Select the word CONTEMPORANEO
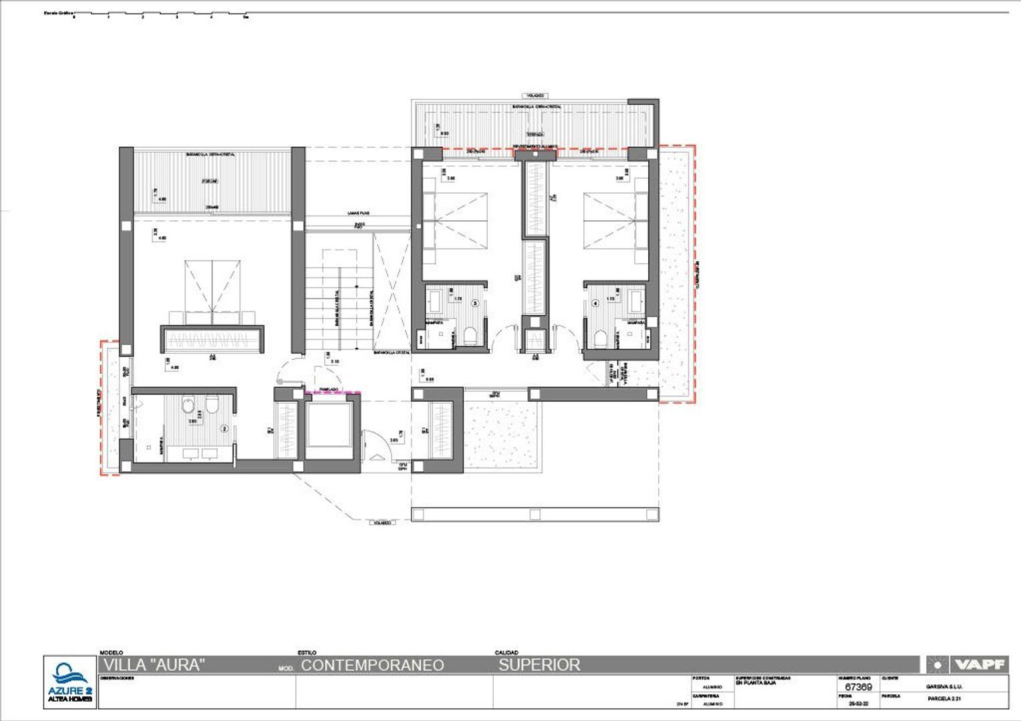click(372, 665)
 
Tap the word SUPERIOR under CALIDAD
click(539, 665)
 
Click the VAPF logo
click(967, 664)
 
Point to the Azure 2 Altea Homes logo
click(69, 682)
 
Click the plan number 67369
click(858, 686)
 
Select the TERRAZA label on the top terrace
click(535, 134)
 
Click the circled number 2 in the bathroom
click(225, 429)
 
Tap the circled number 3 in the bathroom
click(475, 302)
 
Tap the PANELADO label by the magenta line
click(328, 389)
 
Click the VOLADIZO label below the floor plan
click(381, 523)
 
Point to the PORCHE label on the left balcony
click(210, 181)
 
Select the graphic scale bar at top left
click(160, 13)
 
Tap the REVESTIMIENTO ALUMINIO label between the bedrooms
click(535, 146)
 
